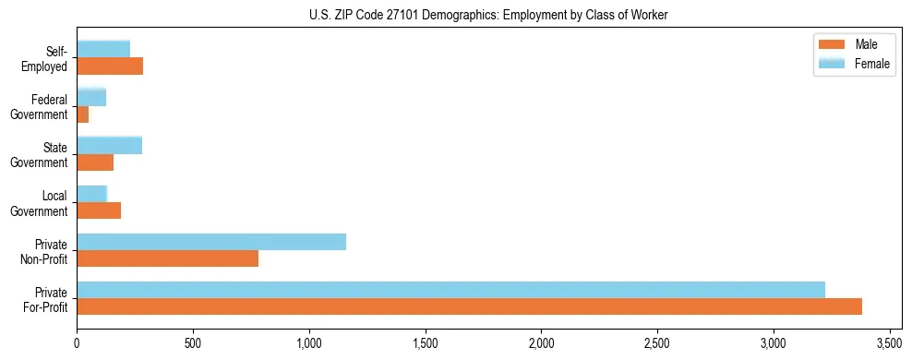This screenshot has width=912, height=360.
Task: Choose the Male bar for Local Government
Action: click(99, 210)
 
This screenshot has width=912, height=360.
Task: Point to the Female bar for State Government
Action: click(109, 146)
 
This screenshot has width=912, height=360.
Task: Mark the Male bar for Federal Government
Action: click(82, 114)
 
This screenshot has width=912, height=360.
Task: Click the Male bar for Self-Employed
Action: click(110, 66)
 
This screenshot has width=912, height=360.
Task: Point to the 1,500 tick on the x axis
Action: click(426, 343)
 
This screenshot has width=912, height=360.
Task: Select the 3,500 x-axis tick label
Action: click(889, 343)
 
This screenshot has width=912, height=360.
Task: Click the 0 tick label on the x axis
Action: click(77, 343)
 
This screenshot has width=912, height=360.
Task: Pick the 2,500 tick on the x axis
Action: click(657, 343)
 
